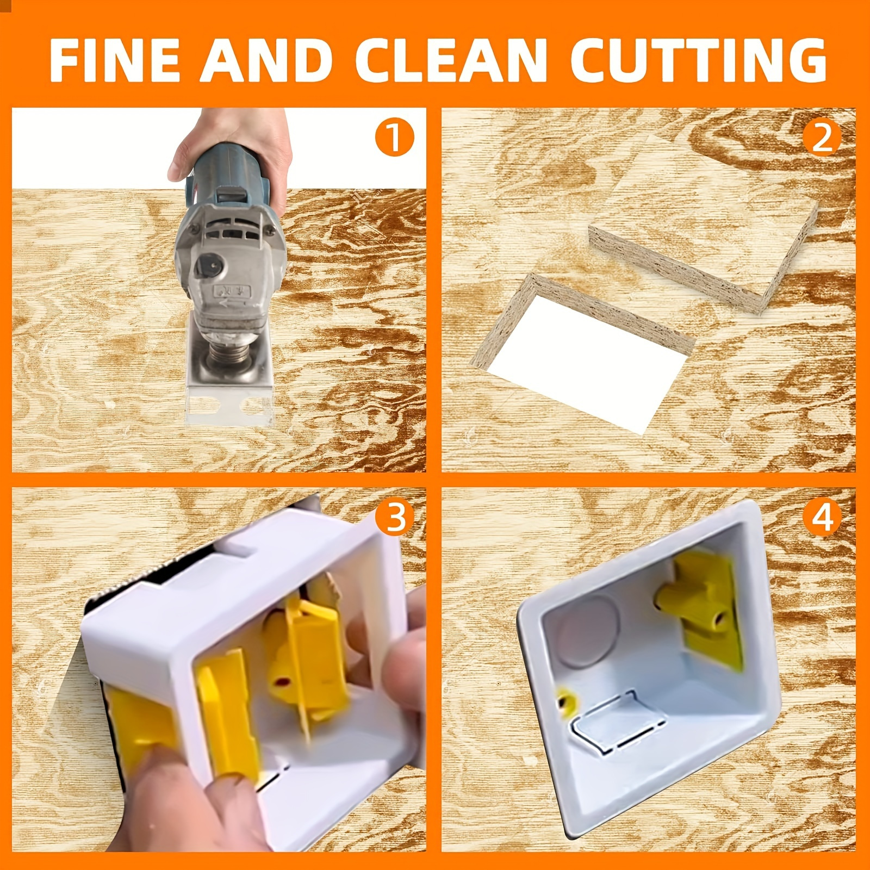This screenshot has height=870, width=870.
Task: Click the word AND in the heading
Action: click(x=266, y=60)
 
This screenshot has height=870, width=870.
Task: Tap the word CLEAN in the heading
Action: click(x=451, y=60)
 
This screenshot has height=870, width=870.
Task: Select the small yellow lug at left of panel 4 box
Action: click(x=565, y=701)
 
